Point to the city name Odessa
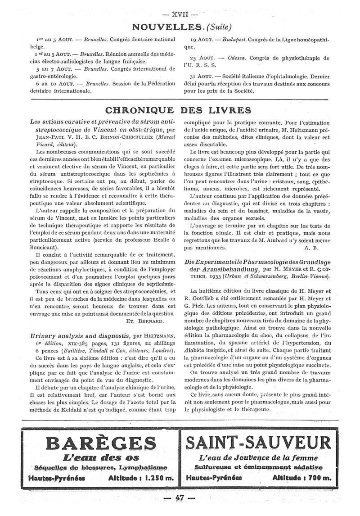coord(239,58)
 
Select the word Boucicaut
coord(43,247)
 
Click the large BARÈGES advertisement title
coord(99,443)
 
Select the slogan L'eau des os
coord(99,458)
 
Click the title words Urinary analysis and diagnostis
coord(80,336)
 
